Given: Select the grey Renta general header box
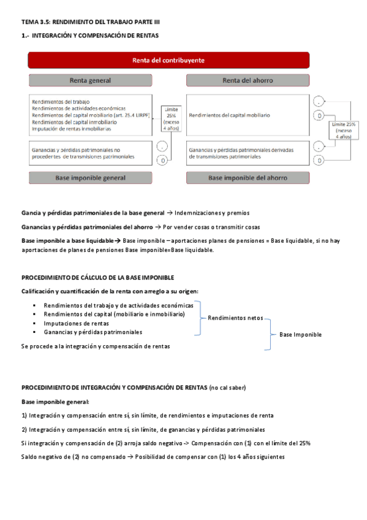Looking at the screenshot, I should pos(90,80).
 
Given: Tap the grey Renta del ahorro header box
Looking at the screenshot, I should pos(248,80).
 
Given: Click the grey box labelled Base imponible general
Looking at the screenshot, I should pos(90,178).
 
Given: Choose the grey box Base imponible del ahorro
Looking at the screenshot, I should pos(248,178).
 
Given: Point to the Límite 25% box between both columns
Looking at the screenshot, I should pos(171,119).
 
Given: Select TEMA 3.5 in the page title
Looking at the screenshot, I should pos(35,22).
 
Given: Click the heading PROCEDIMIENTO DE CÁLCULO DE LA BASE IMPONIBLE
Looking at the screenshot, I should pos(98,277).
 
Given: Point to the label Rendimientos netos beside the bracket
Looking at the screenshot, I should pos(235,318).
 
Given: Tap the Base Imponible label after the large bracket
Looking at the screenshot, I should pos(300,335).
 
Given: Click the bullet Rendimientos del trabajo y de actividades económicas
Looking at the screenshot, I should pos(118,305).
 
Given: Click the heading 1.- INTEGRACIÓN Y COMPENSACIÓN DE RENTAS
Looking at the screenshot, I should pos(90,36).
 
